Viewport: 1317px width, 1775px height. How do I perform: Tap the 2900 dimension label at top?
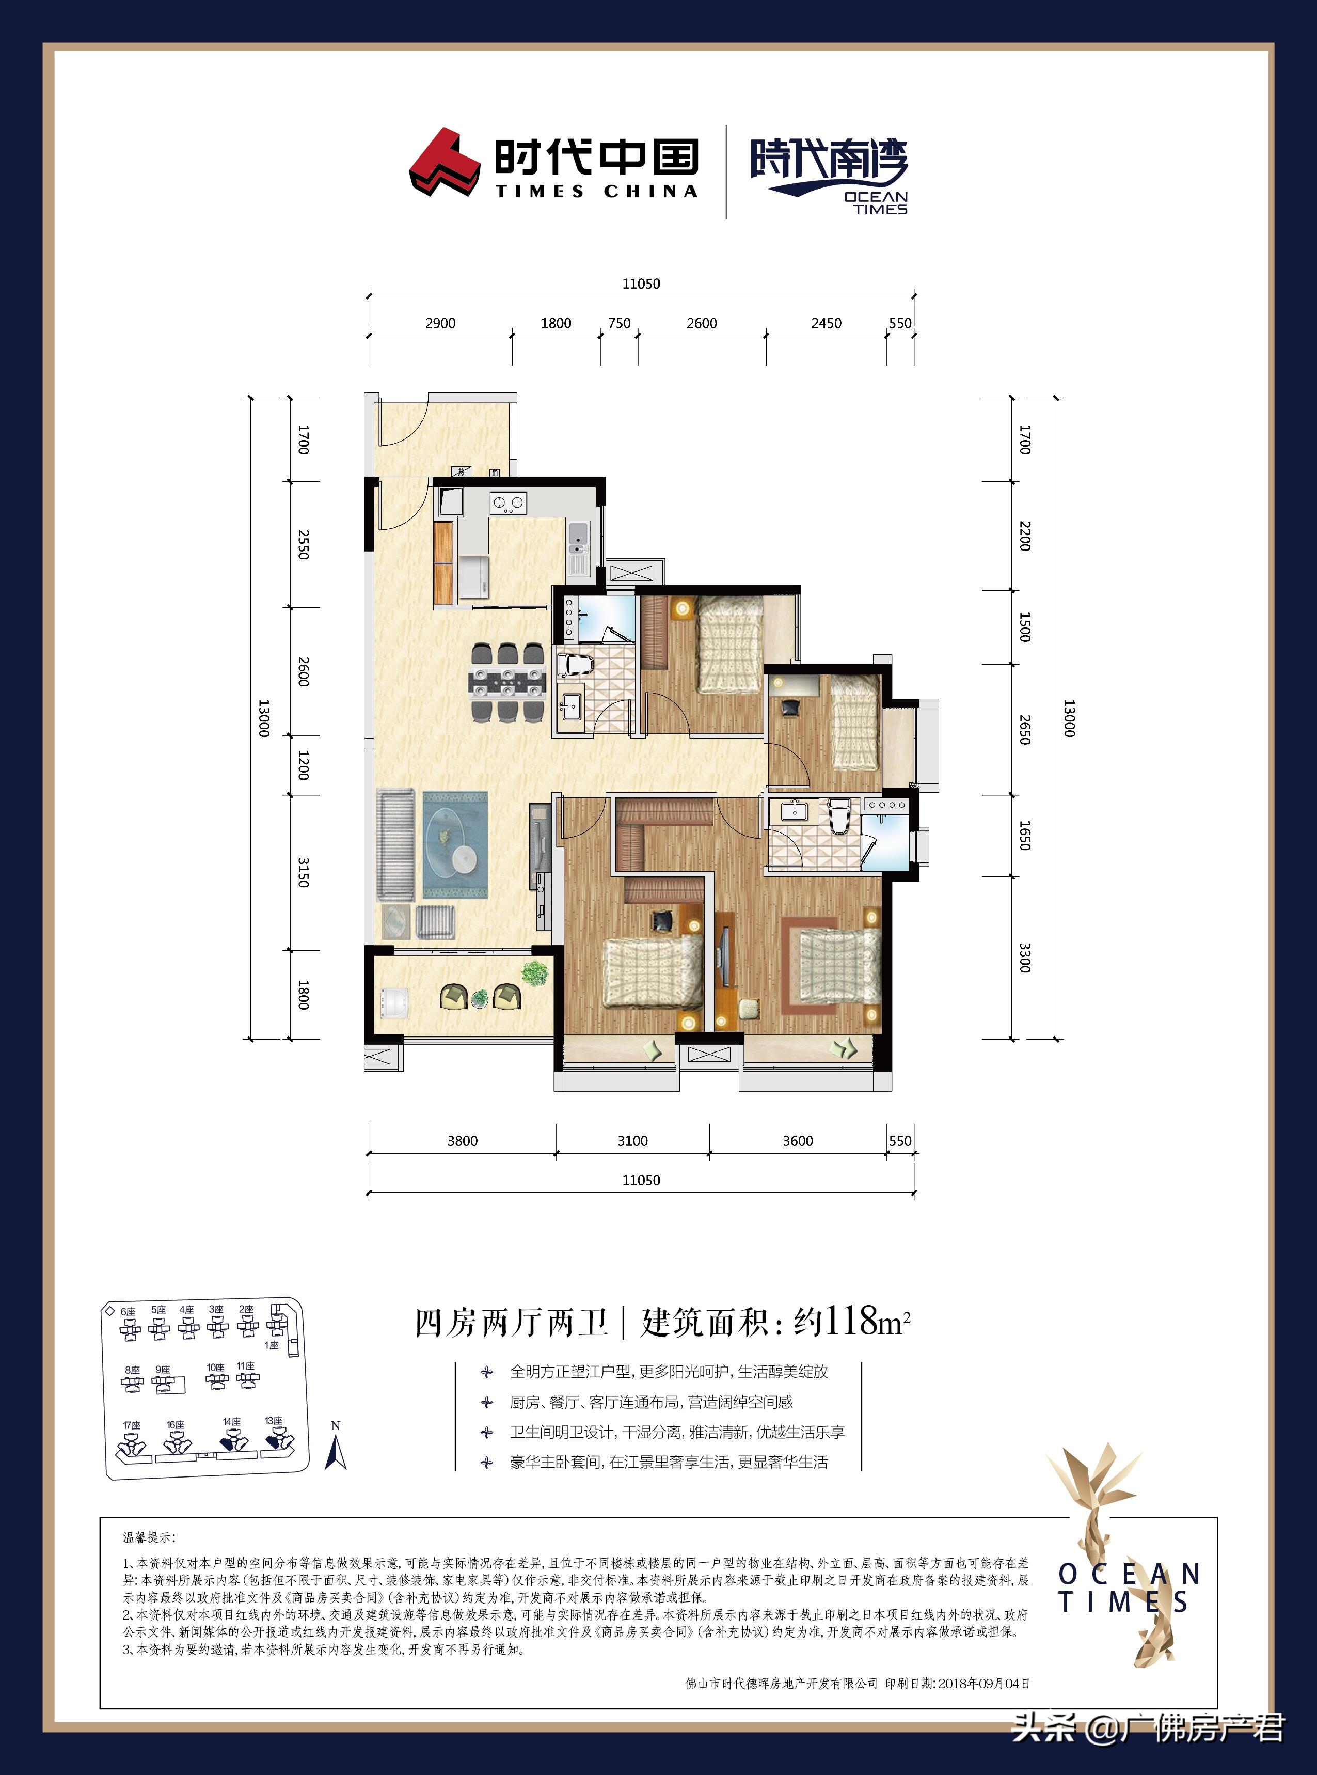click(x=440, y=323)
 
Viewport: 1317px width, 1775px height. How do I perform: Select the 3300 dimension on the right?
click(x=1025, y=957)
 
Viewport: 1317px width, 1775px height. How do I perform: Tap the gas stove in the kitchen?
click(x=509, y=502)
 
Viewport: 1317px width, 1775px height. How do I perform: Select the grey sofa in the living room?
click(x=395, y=845)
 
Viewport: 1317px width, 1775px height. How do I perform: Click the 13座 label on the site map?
click(x=274, y=1420)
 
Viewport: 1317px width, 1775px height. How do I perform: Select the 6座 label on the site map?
click(x=128, y=1311)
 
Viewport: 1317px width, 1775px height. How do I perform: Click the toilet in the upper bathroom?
click(x=573, y=664)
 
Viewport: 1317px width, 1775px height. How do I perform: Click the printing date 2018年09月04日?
click(x=984, y=1683)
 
